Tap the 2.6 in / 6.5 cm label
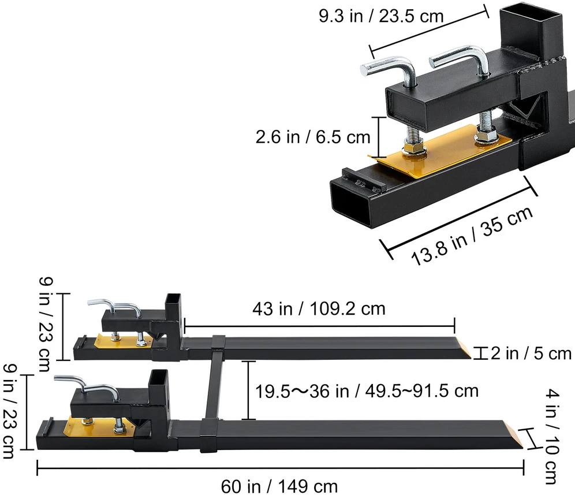pyautogui.click(x=313, y=137)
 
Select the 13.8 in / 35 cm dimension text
pyautogui.click(x=472, y=235)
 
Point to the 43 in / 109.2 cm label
pyautogui.click(x=319, y=308)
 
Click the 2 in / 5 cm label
pyautogui.click(x=531, y=353)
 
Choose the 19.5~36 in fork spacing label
pyautogui.click(x=367, y=391)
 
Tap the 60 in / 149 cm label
pyautogui.click(x=279, y=486)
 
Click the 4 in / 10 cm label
pyautogui.click(x=552, y=437)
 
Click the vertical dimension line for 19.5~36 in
pyautogui.click(x=248, y=390)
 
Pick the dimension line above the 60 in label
pyautogui.click(x=280, y=468)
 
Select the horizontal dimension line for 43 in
pyautogui.click(x=319, y=326)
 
